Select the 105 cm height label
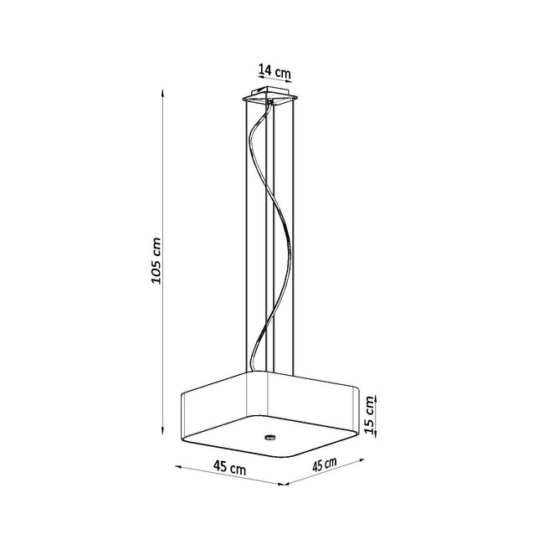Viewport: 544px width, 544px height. pyautogui.click(x=154, y=259)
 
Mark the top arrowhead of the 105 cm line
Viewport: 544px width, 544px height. pyautogui.click(x=163, y=94)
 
